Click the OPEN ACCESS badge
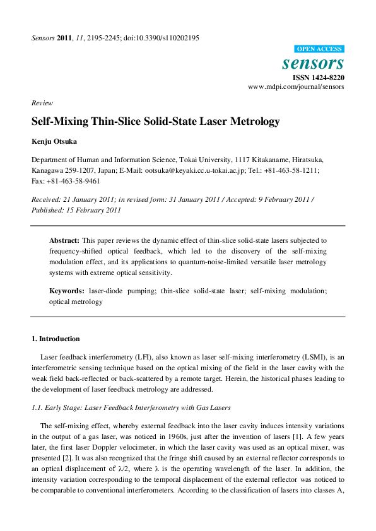click(x=319, y=49)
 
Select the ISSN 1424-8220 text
click(x=318, y=77)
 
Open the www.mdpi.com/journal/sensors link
click(x=297, y=86)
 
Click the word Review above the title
click(x=42, y=103)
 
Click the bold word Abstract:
click(x=64, y=241)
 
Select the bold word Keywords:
click(x=66, y=291)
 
